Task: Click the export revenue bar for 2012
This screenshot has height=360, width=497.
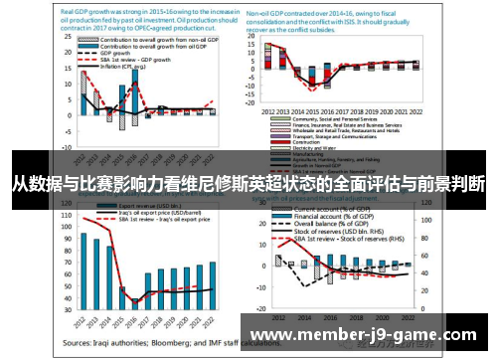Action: coord(83,270)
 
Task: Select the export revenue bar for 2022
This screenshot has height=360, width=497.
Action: coord(213,283)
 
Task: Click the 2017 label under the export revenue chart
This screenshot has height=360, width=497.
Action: coord(148,321)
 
